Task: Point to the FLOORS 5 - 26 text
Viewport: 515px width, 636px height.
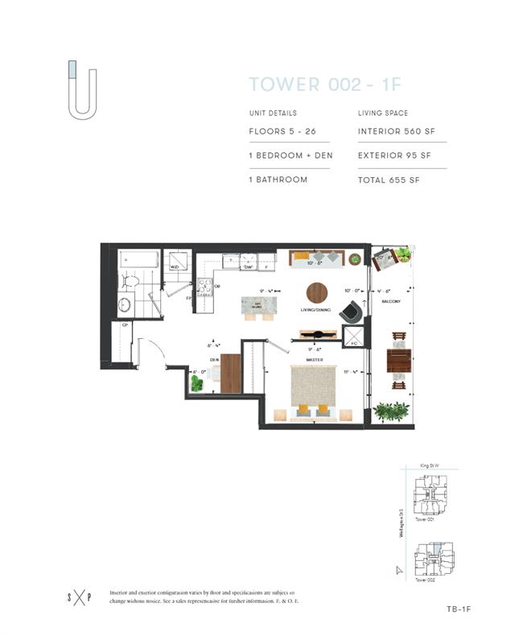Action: pos(282,130)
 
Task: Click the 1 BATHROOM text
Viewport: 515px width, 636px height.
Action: pos(278,180)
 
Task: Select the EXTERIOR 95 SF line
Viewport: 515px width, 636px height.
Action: pos(400,155)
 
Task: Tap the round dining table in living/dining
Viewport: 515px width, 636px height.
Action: pos(317,291)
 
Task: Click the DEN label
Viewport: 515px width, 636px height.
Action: pos(215,360)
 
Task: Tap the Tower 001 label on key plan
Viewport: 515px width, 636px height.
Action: pos(425,519)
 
